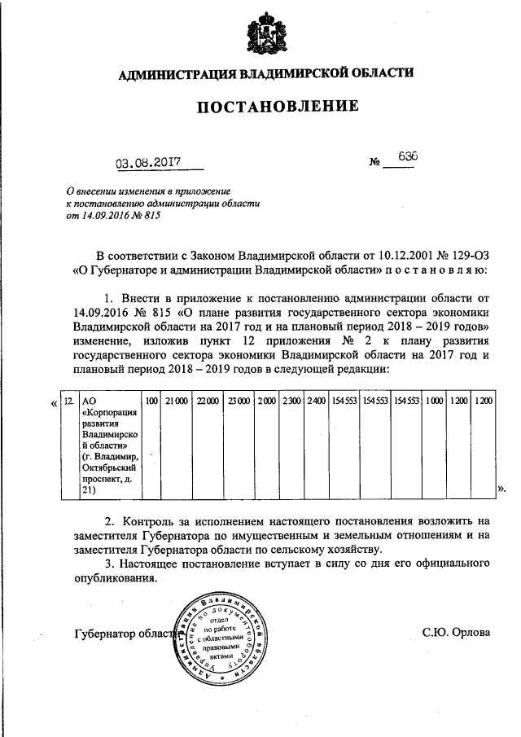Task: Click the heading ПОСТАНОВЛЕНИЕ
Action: click(265, 106)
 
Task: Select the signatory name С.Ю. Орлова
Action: click(456, 632)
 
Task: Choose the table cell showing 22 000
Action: click(208, 401)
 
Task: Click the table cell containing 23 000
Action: click(239, 401)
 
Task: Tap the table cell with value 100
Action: click(151, 401)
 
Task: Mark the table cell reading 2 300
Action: click(291, 401)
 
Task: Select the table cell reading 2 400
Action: click(316, 401)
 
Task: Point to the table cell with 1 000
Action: click(434, 401)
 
